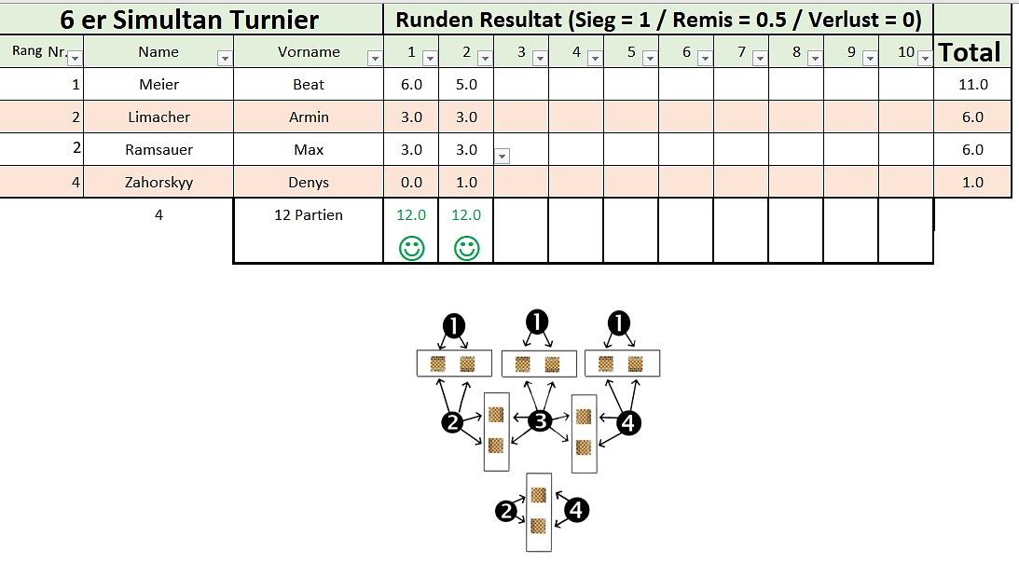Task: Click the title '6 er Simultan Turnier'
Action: tap(189, 19)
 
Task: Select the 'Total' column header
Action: tap(970, 52)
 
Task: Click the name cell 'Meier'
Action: tap(158, 85)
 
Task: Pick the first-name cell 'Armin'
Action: tap(309, 117)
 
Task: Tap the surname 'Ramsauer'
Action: tap(158, 150)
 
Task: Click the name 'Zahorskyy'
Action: tap(158, 183)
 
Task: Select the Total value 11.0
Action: tap(972, 85)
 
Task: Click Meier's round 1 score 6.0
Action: tap(411, 85)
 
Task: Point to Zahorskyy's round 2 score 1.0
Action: tap(466, 183)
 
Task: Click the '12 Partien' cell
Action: tap(309, 215)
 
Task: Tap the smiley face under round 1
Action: tap(411, 249)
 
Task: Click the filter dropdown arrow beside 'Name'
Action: tap(224, 59)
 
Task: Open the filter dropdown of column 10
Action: tap(924, 59)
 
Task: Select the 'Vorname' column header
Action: tap(309, 52)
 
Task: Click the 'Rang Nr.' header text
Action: tap(39, 51)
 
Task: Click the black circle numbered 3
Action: tap(540, 421)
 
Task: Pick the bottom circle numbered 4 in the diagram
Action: tap(577, 510)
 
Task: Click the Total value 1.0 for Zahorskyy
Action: tap(972, 183)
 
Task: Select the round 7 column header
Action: tap(741, 52)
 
